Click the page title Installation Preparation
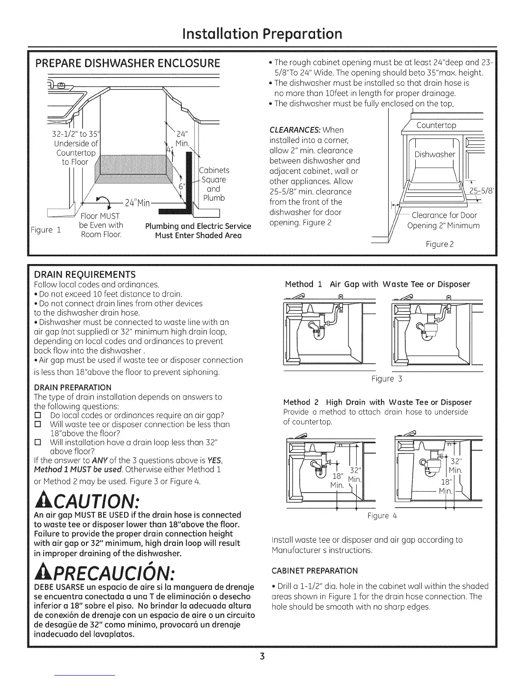pyautogui.click(x=262, y=33)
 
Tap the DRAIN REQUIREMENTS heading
pyautogui.click(x=85, y=274)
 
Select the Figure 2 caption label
pyautogui.click(x=440, y=244)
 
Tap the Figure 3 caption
pyautogui.click(x=387, y=379)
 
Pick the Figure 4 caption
pyautogui.click(x=382, y=516)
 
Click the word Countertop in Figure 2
pyautogui.click(x=436, y=125)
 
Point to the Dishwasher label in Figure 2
pyautogui.click(x=435, y=154)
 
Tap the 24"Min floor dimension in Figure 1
pyautogui.click(x=137, y=203)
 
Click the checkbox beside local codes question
pyautogui.click(x=38, y=415)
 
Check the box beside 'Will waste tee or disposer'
pyautogui.click(x=38, y=424)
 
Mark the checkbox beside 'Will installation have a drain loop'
pyautogui.click(x=38, y=442)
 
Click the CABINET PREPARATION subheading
pyautogui.click(x=314, y=571)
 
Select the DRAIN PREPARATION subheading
pyautogui.click(x=72, y=388)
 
